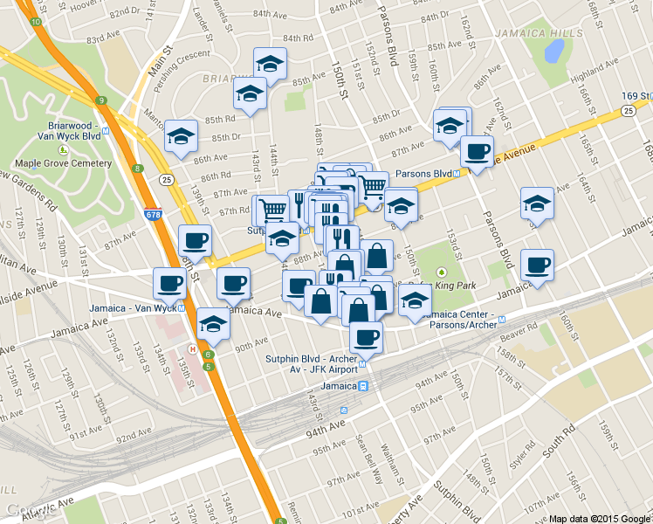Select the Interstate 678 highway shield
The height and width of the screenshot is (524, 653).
click(155, 213)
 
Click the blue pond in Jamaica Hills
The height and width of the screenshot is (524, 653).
click(553, 52)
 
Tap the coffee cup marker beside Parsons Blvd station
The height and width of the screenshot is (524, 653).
click(477, 152)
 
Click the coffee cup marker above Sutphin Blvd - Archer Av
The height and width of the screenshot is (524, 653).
click(366, 337)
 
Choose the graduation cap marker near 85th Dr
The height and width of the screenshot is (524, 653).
click(181, 136)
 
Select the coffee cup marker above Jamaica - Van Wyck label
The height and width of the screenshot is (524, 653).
click(169, 282)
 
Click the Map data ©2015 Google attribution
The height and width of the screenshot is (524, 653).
click(599, 518)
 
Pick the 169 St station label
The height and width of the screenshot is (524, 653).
click(633, 94)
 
